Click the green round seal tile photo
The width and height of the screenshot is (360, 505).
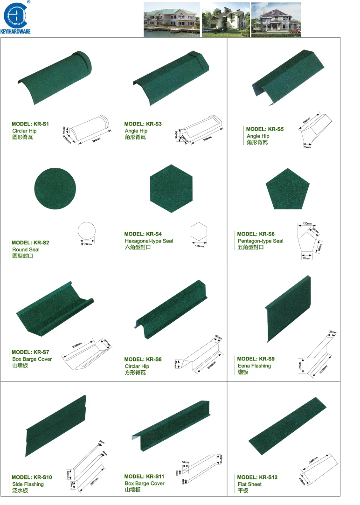click(x=55, y=188)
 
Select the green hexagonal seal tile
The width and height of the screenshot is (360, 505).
click(x=171, y=188)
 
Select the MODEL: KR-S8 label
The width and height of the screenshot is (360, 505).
click(x=143, y=360)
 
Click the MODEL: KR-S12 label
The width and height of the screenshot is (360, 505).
click(x=257, y=477)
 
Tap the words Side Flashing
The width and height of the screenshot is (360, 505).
click(x=28, y=484)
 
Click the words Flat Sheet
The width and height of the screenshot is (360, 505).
click(x=249, y=484)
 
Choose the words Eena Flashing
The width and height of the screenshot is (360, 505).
click(x=254, y=366)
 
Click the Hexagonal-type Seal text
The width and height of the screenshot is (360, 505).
click(x=149, y=241)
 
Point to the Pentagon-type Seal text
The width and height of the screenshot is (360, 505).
click(x=260, y=241)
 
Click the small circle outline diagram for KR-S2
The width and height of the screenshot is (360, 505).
click(x=86, y=232)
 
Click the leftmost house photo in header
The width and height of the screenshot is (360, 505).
click(x=171, y=20)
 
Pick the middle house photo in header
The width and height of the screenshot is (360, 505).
click(x=226, y=20)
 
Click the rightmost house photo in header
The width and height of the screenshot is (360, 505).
click(x=276, y=20)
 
